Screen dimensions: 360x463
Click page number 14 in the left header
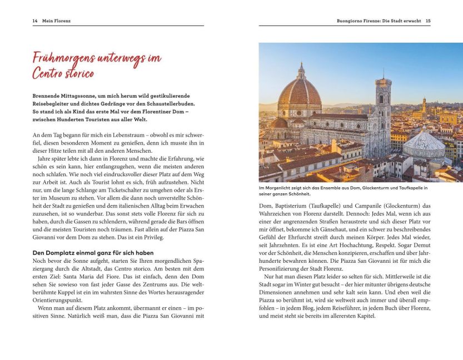click(x=34, y=21)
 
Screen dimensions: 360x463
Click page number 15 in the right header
click(x=428, y=21)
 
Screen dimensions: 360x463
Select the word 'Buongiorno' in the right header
click(x=350, y=21)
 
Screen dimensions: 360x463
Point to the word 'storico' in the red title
click(x=78, y=73)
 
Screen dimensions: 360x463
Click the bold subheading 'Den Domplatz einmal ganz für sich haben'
click(x=93, y=253)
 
